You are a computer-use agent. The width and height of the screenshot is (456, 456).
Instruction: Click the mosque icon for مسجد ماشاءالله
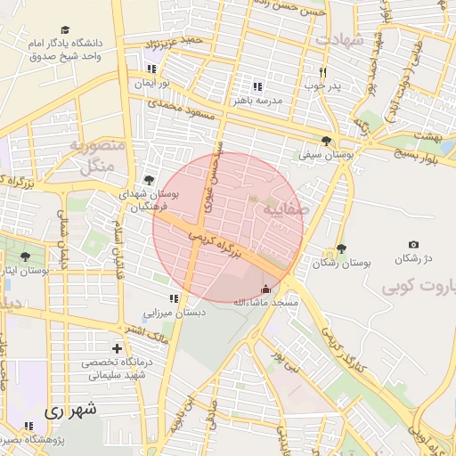click(x=265, y=289)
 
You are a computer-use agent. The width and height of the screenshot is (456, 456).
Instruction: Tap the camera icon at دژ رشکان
click(x=413, y=245)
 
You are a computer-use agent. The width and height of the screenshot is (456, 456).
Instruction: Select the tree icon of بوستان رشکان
click(x=341, y=249)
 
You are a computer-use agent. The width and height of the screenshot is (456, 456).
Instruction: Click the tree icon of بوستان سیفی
click(x=327, y=140)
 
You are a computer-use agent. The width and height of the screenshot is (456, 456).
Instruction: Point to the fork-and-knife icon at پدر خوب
click(x=322, y=72)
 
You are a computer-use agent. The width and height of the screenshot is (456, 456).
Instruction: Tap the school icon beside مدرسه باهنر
click(x=256, y=86)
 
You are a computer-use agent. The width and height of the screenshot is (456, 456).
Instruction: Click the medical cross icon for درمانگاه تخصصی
click(x=117, y=348)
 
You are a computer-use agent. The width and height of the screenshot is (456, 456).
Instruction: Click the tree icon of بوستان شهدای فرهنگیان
click(x=149, y=180)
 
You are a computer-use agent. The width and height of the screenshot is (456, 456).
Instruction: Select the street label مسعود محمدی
click(x=176, y=110)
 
